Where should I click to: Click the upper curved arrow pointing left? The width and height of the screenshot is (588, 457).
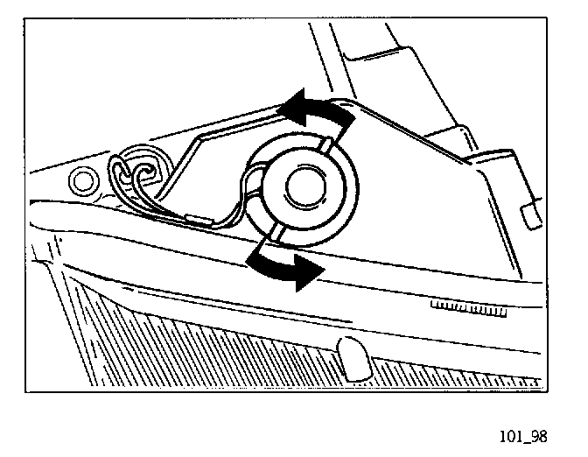pos(315,110)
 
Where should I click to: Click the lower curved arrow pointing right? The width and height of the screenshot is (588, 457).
pos(281,264)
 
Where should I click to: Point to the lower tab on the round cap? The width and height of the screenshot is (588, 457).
pos(276,230)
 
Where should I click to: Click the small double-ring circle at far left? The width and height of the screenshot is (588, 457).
pos(85,181)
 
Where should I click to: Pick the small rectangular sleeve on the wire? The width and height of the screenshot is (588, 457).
pos(198,216)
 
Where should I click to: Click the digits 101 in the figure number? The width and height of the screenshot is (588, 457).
pos(510,435)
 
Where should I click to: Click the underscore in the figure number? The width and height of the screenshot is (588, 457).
pos(527,440)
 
